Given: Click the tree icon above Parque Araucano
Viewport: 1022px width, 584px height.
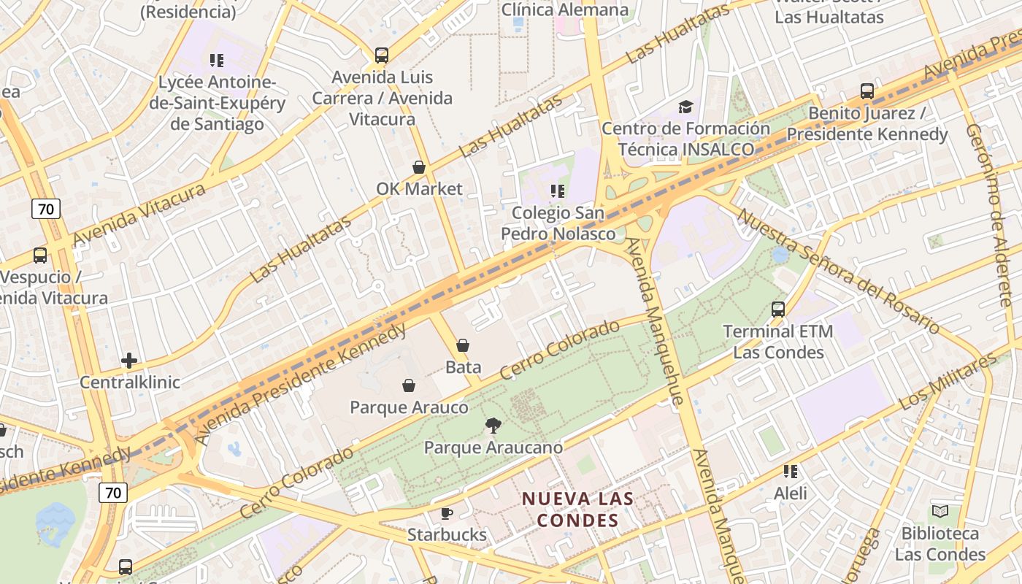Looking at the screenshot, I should tap(493, 426).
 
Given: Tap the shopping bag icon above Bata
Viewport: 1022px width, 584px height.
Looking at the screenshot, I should tap(463, 345).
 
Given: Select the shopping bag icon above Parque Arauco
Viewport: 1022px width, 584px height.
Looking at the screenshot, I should tap(409, 385).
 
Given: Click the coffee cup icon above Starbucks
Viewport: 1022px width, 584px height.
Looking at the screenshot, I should tap(447, 513).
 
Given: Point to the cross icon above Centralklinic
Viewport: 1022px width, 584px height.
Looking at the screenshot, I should tap(129, 361).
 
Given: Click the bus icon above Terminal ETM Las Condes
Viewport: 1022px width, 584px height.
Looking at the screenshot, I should tap(778, 310).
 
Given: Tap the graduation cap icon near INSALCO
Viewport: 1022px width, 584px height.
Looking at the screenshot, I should tap(685, 107).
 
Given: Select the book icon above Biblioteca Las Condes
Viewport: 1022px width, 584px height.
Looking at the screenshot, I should tap(940, 512).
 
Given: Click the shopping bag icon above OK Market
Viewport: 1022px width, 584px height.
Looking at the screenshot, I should tap(419, 167).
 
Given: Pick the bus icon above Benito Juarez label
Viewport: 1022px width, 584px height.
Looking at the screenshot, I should tap(867, 91).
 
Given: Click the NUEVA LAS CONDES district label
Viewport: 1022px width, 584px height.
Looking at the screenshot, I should tap(577, 510).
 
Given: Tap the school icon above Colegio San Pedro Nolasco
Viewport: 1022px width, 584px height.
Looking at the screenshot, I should tap(558, 191).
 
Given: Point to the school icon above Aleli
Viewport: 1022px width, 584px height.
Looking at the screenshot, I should tap(791, 472).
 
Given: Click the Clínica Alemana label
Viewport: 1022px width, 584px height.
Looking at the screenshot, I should tap(565, 9).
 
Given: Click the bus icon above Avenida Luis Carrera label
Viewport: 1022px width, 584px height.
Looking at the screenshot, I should tap(381, 55).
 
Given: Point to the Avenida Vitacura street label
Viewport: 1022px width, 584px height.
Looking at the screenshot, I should tap(139, 215).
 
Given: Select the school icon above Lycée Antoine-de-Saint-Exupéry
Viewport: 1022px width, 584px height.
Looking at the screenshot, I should tap(217, 61).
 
